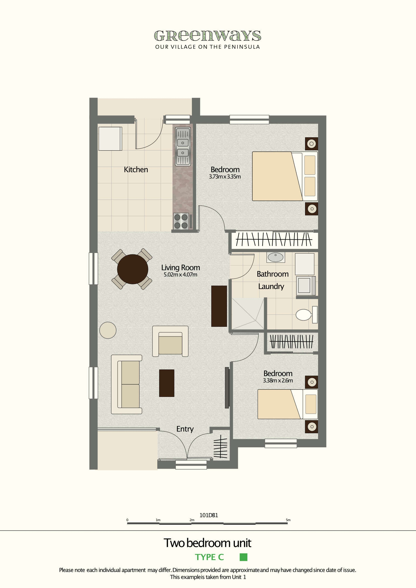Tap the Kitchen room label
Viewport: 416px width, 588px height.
point(136,169)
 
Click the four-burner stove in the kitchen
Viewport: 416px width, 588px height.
point(181,221)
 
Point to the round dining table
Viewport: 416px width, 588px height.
point(133,269)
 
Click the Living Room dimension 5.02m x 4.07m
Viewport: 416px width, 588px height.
point(180,275)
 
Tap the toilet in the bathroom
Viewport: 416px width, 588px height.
point(305,315)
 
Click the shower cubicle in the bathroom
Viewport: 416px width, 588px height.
point(248,314)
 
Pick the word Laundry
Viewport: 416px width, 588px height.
point(271,286)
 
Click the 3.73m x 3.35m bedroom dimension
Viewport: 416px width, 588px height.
point(225,177)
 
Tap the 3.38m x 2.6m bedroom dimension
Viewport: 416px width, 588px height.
point(278,381)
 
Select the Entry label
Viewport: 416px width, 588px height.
point(185,429)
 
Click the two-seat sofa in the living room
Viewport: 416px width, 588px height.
point(127,384)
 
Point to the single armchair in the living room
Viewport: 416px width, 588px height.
point(170,341)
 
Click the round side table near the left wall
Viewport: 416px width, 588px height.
point(108,330)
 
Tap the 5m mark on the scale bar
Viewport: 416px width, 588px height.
point(288,520)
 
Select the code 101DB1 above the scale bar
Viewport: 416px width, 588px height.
point(209,515)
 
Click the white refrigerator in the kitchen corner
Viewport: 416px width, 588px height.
point(110,138)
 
